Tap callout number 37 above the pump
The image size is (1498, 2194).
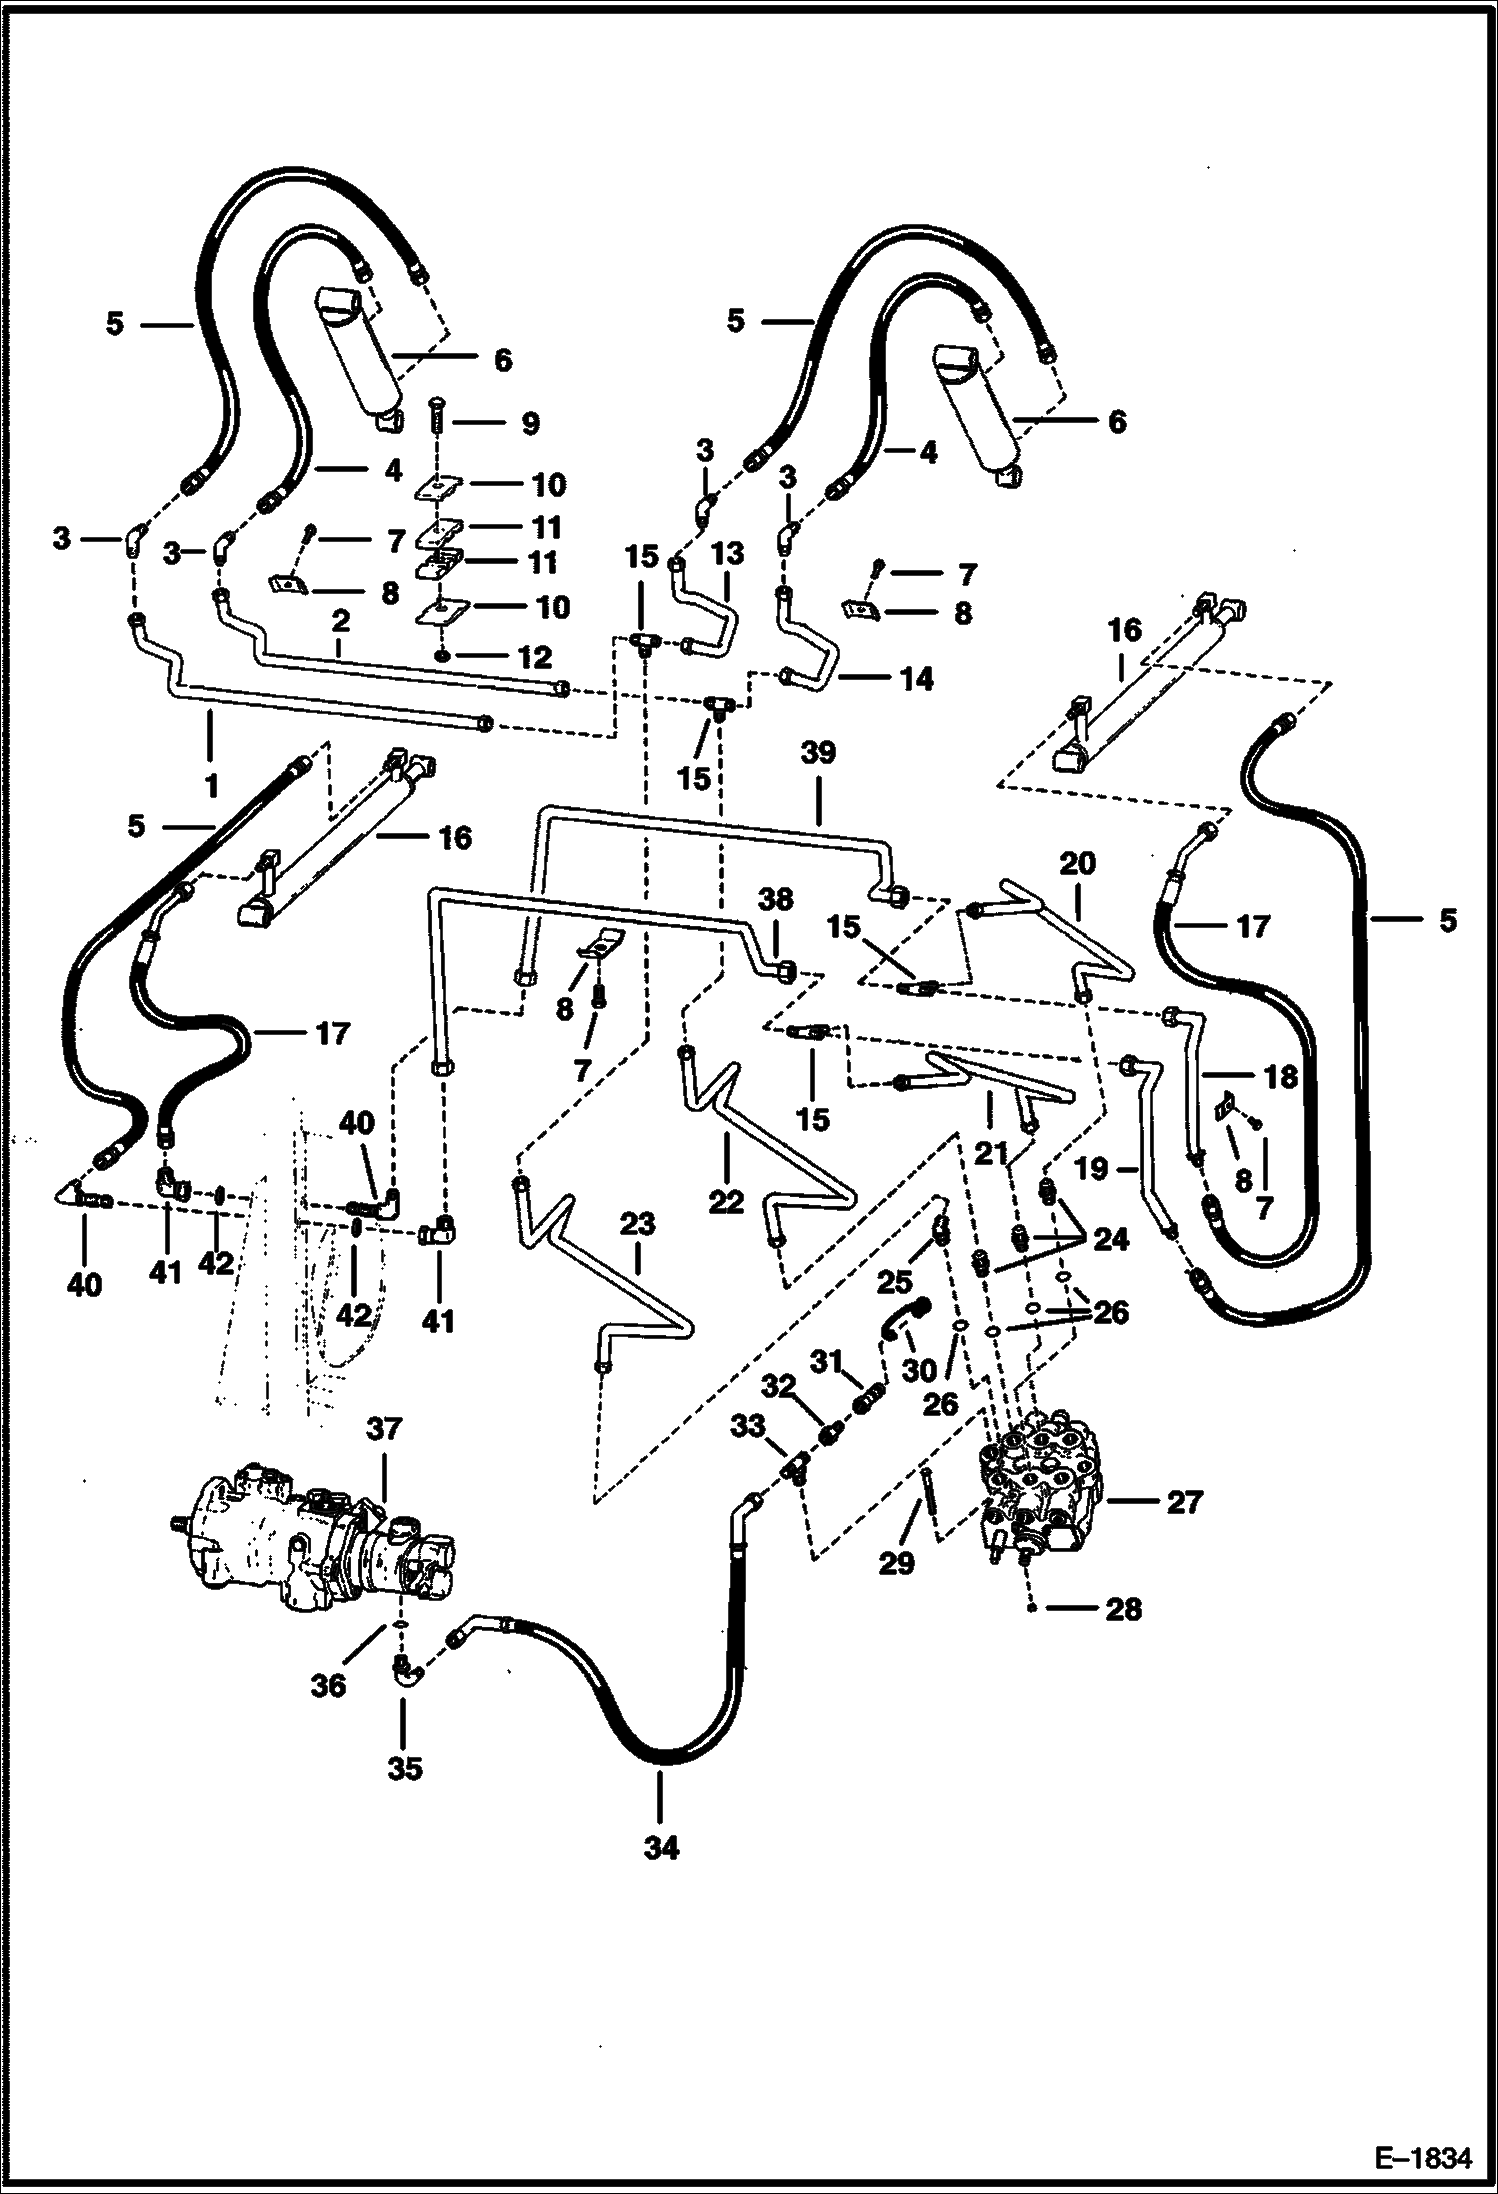click(x=383, y=1429)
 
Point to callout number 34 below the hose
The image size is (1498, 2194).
click(x=661, y=1849)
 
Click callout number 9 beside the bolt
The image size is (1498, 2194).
click(x=530, y=423)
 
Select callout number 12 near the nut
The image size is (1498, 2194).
click(x=535, y=657)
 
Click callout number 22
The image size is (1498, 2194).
click(x=726, y=1200)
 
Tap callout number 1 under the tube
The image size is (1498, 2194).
click(x=211, y=787)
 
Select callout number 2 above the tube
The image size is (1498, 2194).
click(x=340, y=620)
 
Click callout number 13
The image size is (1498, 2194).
click(x=728, y=552)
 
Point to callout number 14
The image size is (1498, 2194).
click(x=916, y=679)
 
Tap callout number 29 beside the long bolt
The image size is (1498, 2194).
click(x=896, y=1562)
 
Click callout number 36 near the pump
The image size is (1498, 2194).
click(x=328, y=1685)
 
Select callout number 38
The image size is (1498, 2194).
click(x=776, y=899)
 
